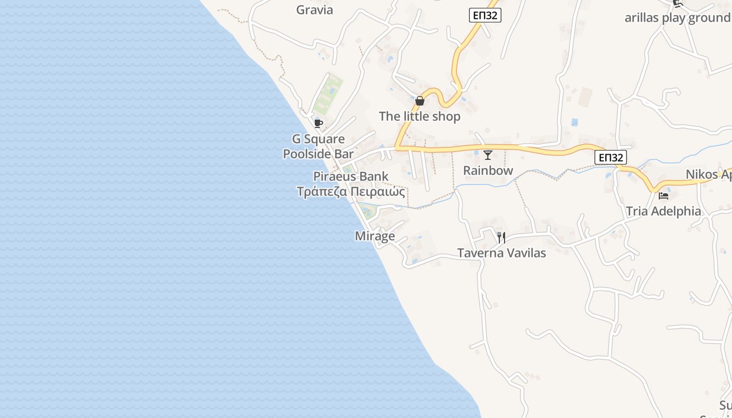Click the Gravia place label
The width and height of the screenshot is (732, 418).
pyautogui.click(x=314, y=10)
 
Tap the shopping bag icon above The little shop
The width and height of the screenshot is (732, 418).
pyautogui.click(x=420, y=101)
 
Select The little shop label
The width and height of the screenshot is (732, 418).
pyautogui.click(x=419, y=117)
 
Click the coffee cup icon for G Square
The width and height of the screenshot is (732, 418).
pyautogui.click(x=318, y=124)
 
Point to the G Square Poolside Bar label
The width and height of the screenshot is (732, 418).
pyautogui.click(x=318, y=146)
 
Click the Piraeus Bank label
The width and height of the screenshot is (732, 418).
pyautogui.click(x=351, y=176)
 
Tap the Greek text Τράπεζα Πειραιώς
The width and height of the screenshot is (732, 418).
pyautogui.click(x=351, y=192)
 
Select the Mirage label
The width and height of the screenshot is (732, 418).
pyautogui.click(x=375, y=236)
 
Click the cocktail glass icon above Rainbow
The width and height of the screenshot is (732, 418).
pyautogui.click(x=488, y=155)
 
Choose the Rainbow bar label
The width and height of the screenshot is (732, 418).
pyautogui.click(x=488, y=171)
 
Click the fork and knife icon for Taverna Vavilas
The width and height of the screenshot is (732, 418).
pyautogui.click(x=501, y=238)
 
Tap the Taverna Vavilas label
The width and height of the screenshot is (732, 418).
pyautogui.click(x=501, y=253)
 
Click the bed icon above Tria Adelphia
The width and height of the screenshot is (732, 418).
pyautogui.click(x=664, y=196)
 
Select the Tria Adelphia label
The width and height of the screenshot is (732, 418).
pyautogui.click(x=664, y=212)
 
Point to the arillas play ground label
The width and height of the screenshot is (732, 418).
pyautogui.click(x=677, y=18)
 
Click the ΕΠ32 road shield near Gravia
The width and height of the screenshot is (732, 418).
pyautogui.click(x=485, y=16)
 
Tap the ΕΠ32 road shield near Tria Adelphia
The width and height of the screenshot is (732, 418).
pyautogui.click(x=610, y=157)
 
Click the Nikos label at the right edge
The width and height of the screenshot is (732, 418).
pyautogui.click(x=708, y=175)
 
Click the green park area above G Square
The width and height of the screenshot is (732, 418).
pyautogui.click(x=328, y=94)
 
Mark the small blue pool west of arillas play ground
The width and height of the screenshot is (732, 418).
pyautogui.click(x=575, y=122)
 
